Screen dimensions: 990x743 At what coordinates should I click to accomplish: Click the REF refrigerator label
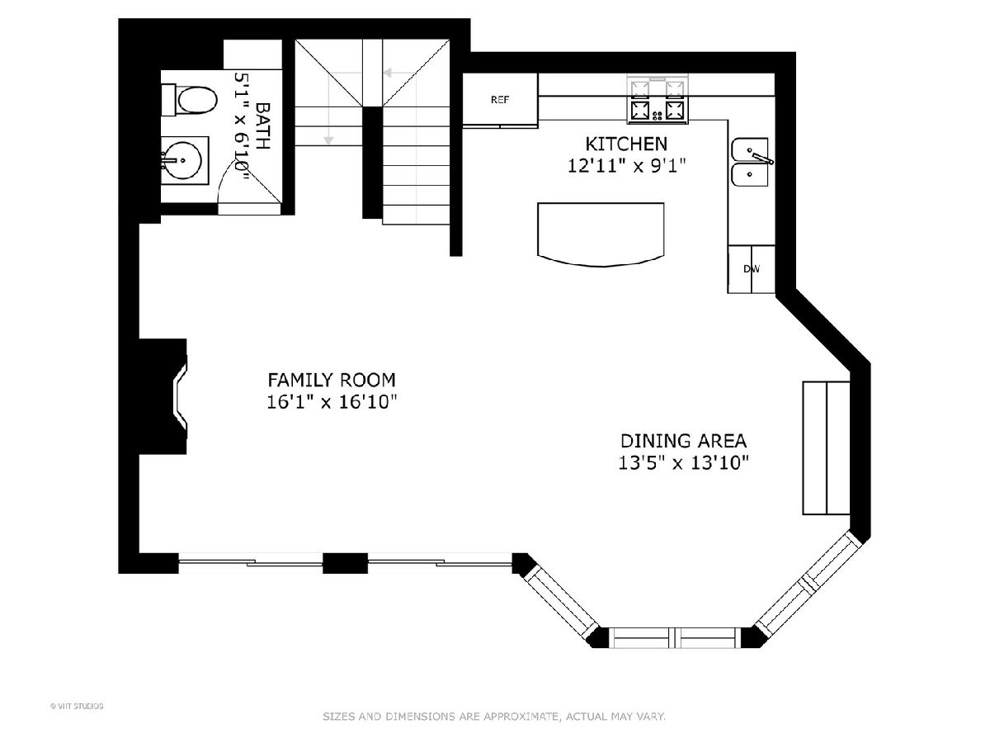(x=500, y=100)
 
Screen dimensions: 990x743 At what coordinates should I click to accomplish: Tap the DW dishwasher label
(x=752, y=269)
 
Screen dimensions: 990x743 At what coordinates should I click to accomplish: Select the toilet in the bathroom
(x=189, y=100)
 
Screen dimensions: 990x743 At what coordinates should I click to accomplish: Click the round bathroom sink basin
(x=182, y=161)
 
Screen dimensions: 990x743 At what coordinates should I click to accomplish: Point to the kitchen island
(x=601, y=234)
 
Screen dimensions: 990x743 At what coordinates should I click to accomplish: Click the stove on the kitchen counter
(x=658, y=99)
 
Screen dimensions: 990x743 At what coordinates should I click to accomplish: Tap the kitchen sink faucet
(x=761, y=157)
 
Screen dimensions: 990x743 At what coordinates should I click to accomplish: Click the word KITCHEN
(x=626, y=144)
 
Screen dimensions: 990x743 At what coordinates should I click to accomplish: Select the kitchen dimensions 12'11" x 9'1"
(x=626, y=166)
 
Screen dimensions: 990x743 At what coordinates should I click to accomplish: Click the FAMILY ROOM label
(x=332, y=380)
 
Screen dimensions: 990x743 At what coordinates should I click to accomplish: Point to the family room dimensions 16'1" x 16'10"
(x=332, y=402)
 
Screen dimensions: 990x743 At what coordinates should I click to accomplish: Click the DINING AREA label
(x=683, y=441)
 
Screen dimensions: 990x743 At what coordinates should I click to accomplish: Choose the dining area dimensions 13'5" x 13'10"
(x=683, y=463)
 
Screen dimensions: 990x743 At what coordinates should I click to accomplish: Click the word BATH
(x=263, y=125)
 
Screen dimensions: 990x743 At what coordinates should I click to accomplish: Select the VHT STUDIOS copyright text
(x=77, y=706)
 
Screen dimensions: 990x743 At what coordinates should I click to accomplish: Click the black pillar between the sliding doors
(x=345, y=563)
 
